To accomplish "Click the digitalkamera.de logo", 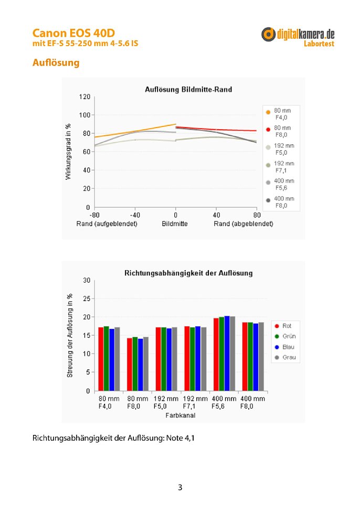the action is (x=298, y=37).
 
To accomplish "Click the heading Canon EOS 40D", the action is (x=73, y=33).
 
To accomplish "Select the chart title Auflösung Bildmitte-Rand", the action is (x=188, y=89).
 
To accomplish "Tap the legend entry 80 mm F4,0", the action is (x=279, y=114).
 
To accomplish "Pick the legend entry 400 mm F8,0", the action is (x=280, y=202).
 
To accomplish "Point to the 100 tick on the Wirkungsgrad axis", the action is (x=84, y=115).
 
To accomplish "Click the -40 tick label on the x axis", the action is (x=135, y=215).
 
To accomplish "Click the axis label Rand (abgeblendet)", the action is (x=243, y=224).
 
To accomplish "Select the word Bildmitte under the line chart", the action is (x=175, y=224).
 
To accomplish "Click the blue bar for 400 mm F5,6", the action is (x=227, y=353).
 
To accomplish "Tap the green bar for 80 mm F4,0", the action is (x=107, y=358).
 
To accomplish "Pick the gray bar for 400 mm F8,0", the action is (x=261, y=357).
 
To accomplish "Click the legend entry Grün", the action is (x=285, y=336).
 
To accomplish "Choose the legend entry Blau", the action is (x=284, y=347).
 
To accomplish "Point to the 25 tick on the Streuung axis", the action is (x=87, y=299).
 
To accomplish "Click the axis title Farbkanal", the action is (x=181, y=416).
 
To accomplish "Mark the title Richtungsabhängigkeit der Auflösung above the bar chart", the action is (x=188, y=273).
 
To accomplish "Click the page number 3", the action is (x=180, y=487).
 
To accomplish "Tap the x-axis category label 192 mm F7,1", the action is (x=195, y=402).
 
